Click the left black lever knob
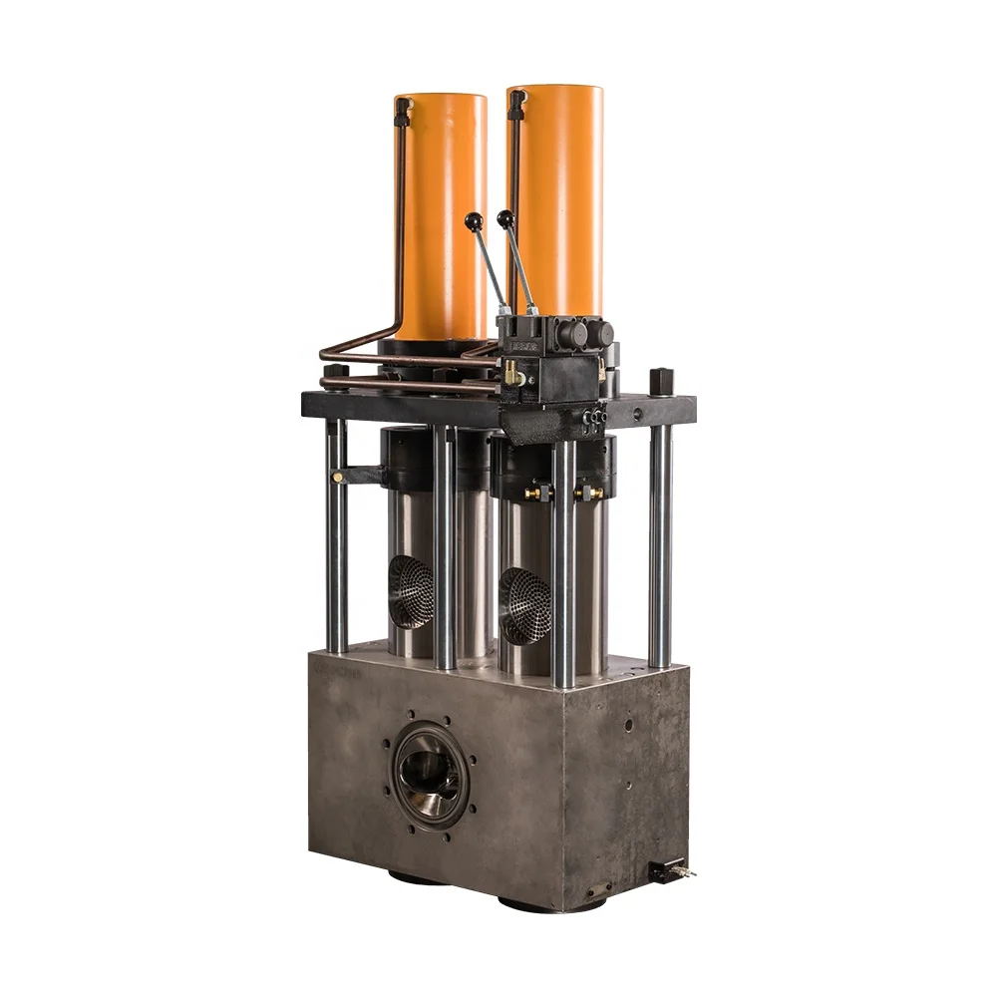click(x=473, y=219)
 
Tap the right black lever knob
click(x=506, y=217)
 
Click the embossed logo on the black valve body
click(x=520, y=343)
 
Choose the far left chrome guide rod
click(x=337, y=538)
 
